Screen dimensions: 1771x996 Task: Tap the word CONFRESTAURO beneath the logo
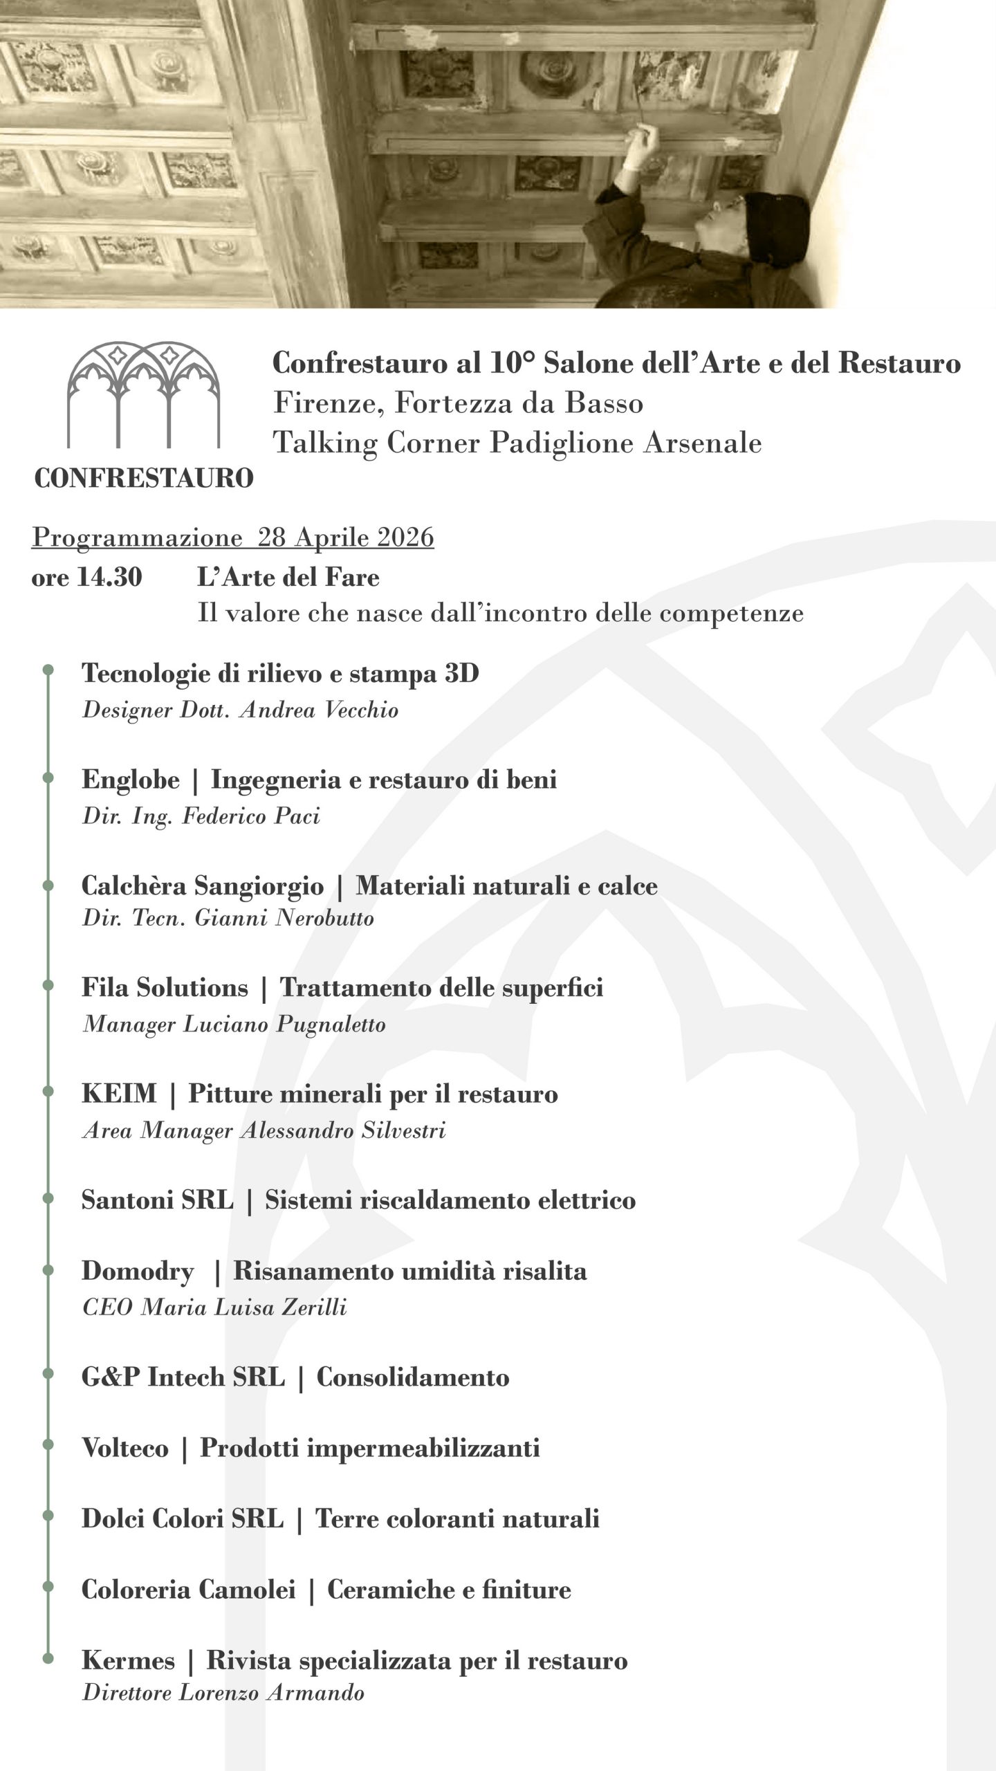click(143, 478)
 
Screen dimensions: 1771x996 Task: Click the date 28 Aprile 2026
click(345, 538)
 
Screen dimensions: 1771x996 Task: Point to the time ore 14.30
click(86, 577)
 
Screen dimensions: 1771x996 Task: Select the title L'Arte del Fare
click(288, 577)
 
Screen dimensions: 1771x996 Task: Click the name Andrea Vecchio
click(319, 710)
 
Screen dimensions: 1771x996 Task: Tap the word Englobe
click(130, 780)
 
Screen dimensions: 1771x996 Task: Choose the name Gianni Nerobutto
click(284, 918)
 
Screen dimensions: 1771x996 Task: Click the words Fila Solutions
click(164, 987)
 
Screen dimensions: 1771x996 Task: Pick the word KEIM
click(119, 1094)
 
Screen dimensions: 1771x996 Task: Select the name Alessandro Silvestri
click(342, 1130)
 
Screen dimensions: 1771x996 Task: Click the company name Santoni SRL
click(157, 1200)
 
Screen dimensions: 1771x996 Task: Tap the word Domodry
click(137, 1271)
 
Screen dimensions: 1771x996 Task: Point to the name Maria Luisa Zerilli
click(243, 1307)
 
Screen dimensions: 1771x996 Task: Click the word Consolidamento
click(412, 1377)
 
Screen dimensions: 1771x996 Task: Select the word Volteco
click(124, 1448)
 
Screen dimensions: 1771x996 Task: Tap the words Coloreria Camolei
click(188, 1590)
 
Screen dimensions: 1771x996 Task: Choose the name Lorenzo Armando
click(271, 1693)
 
